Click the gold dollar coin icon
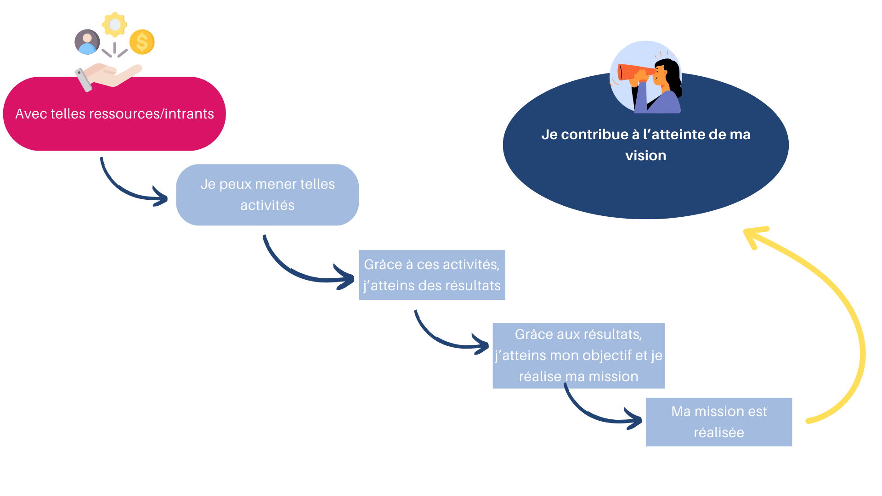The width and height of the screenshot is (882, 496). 142,42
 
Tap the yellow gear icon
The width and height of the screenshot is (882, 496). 115,24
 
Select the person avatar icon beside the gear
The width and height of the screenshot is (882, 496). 87,42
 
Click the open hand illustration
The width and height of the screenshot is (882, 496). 108,76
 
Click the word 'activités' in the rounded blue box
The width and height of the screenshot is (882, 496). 267,205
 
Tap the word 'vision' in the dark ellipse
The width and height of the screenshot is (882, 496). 645,156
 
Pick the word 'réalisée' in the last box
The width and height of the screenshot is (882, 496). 719,433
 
